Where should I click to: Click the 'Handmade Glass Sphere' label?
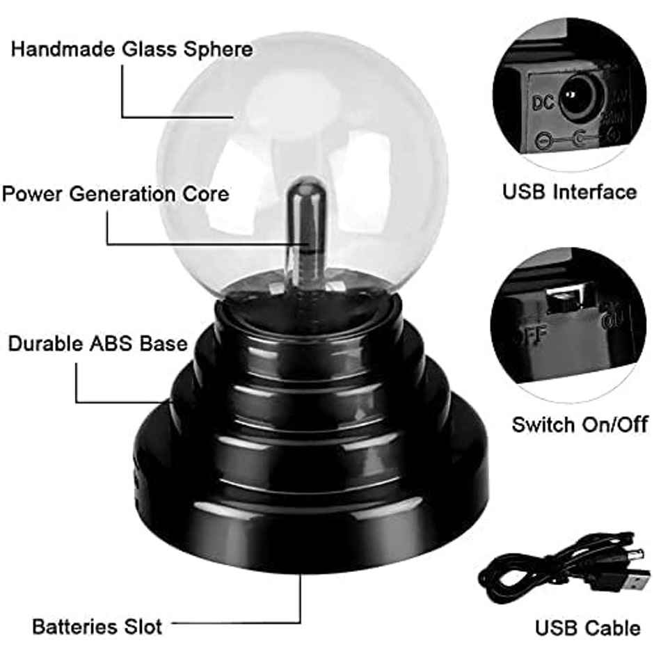pos(131,50)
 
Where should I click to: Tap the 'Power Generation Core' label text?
pos(115,193)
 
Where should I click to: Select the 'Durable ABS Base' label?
pos(98,344)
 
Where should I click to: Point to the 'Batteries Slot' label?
pos(97,625)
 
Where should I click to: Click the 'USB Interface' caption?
pos(569,192)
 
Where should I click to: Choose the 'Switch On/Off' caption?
pos(580,424)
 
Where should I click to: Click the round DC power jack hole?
pos(576,95)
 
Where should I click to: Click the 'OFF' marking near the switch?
pos(530,335)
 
